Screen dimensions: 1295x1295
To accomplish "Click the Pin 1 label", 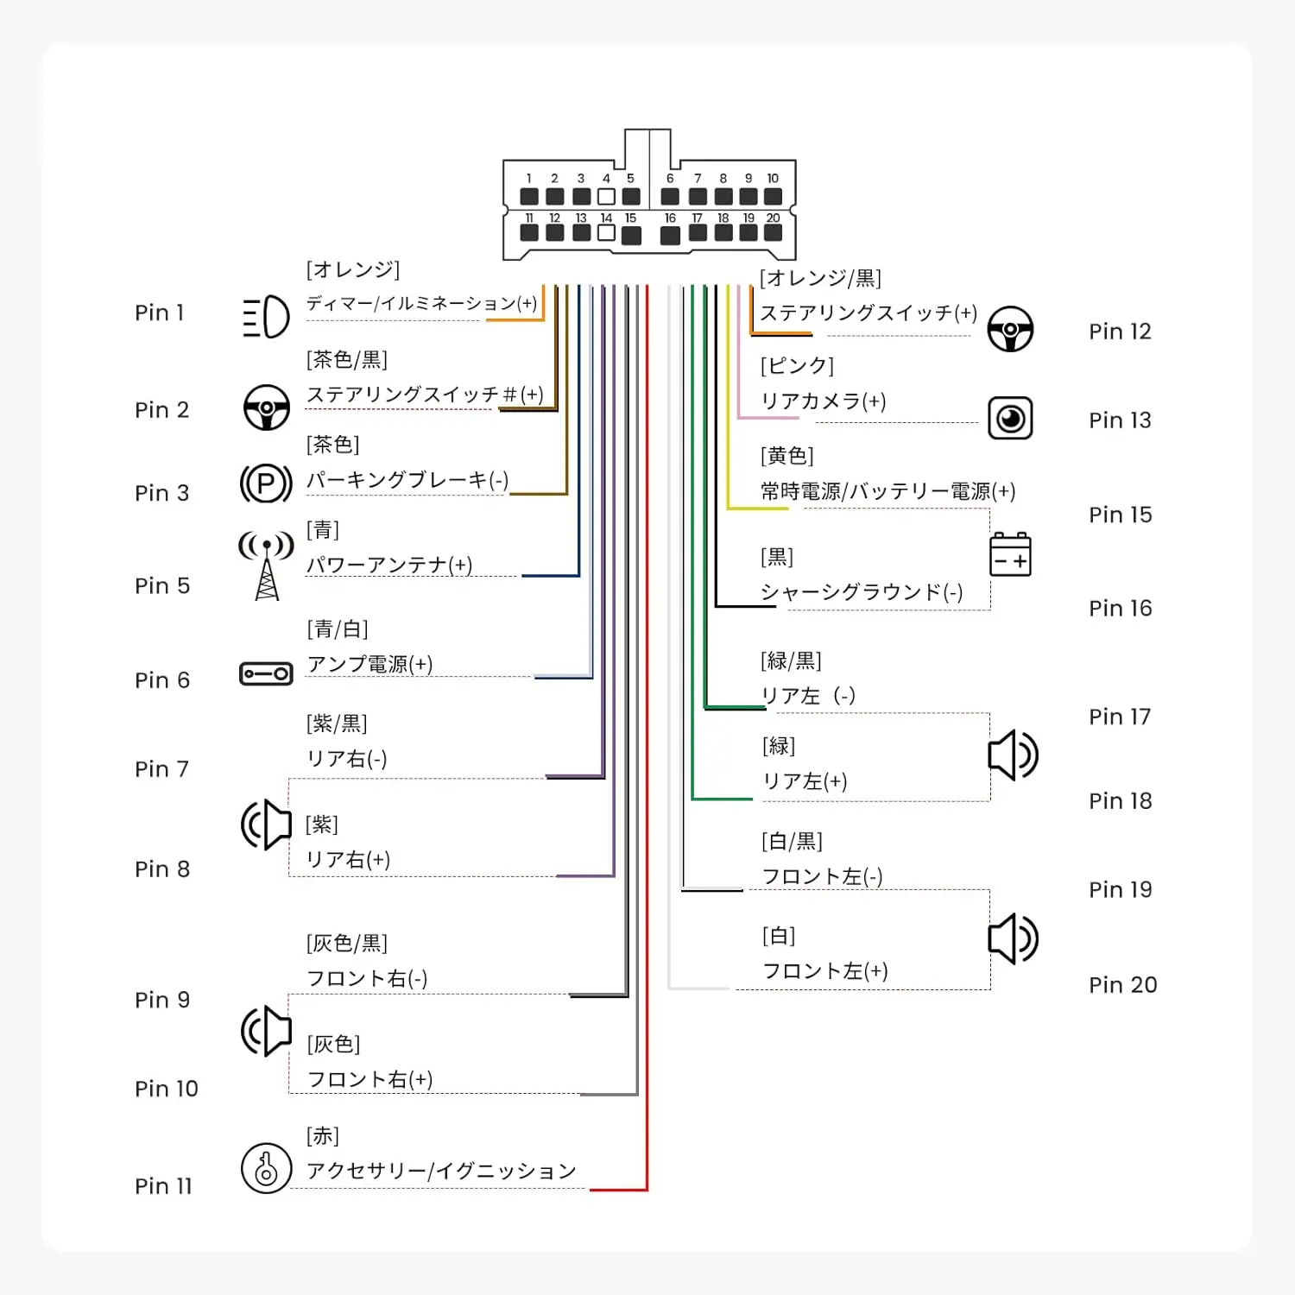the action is point(160,313).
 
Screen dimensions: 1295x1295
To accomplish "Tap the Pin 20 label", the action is point(1122,985).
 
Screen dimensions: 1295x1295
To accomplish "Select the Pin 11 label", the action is point(163,1186).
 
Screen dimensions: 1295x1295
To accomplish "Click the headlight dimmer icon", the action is point(266,316).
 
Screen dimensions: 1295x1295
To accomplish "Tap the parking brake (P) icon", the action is point(266,483).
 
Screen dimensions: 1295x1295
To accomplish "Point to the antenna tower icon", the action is point(266,565).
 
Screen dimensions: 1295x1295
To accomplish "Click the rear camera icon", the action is point(1010,419).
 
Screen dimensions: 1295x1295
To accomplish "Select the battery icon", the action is point(1010,554).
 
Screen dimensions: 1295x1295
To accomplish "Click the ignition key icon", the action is point(266,1168).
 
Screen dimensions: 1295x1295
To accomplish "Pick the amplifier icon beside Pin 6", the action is point(266,673).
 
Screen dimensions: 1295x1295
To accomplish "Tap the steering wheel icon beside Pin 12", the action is point(1010,329).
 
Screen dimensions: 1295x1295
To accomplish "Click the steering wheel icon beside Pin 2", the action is point(266,407).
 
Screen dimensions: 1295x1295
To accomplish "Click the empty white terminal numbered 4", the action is point(606,197).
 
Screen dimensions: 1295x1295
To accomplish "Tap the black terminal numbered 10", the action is point(773,197).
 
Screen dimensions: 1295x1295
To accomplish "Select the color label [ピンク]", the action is point(797,366).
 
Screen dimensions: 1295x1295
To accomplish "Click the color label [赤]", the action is point(323,1135).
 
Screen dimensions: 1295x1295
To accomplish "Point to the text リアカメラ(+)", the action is point(824,401).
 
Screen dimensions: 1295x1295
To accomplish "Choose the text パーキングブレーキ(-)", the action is point(407,480).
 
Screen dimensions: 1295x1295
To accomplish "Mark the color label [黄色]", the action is point(787,456).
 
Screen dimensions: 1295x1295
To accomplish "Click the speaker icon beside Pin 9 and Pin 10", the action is point(266,1031).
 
